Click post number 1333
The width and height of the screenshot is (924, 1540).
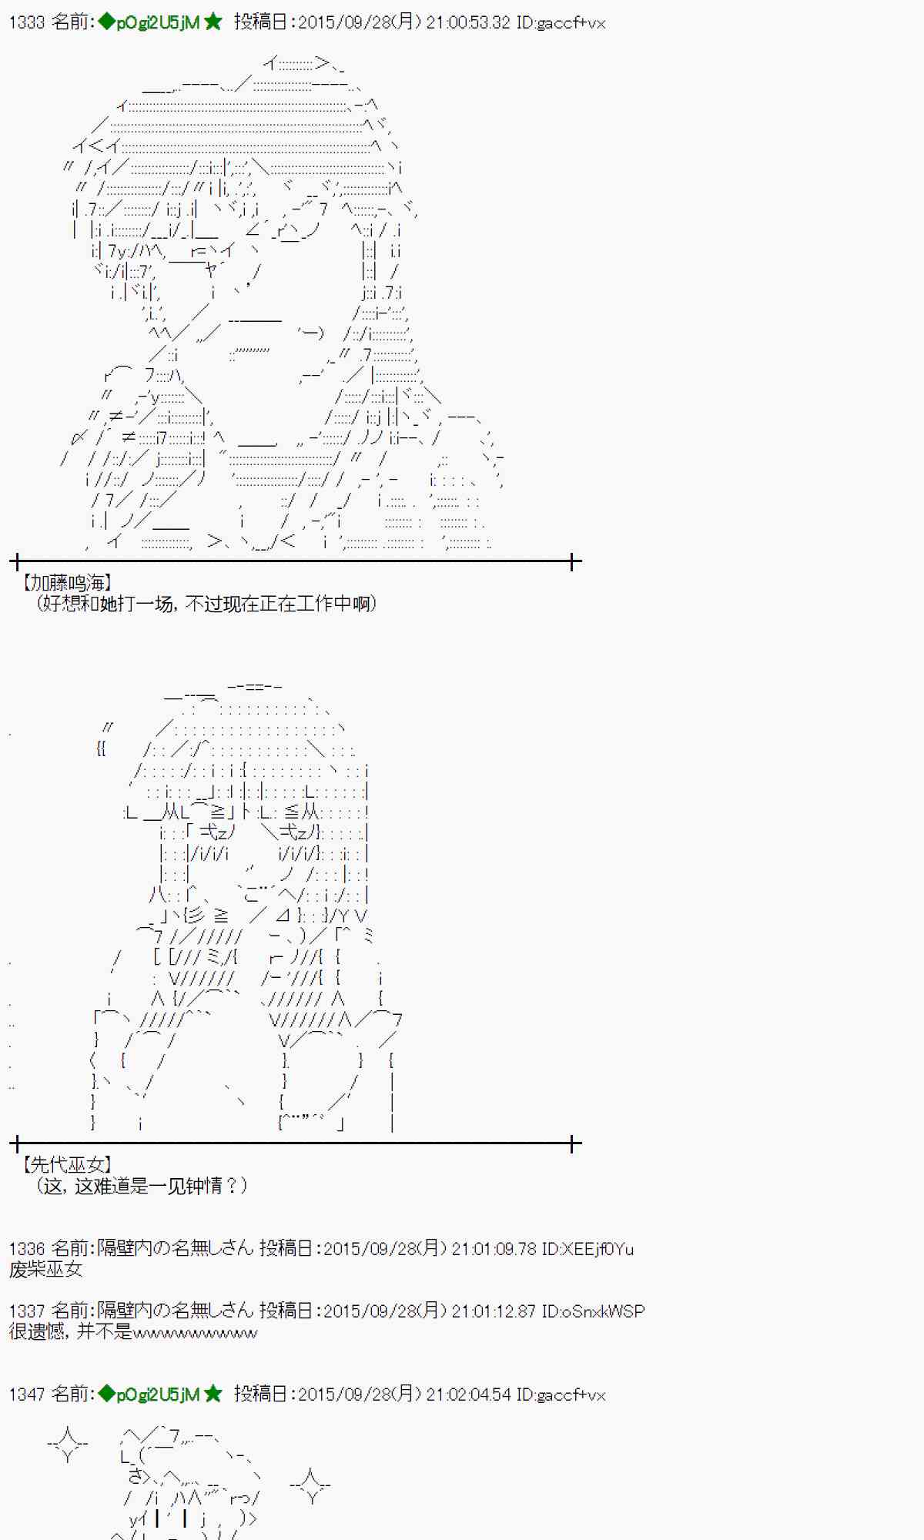pos(26,22)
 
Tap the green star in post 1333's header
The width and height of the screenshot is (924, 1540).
pos(213,22)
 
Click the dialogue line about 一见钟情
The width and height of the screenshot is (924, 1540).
pos(142,1186)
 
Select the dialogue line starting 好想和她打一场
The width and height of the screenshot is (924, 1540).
pos(206,604)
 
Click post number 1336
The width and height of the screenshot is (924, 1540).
pos(26,1248)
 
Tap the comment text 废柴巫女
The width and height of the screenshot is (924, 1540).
pos(45,1269)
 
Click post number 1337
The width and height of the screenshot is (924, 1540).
pos(26,1311)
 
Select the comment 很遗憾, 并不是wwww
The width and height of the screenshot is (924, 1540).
pos(133,1331)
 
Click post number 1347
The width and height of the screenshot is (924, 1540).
pos(26,1394)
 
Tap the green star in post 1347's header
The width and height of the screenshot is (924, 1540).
pos(213,1394)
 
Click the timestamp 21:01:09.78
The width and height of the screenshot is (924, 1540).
pos(493,1248)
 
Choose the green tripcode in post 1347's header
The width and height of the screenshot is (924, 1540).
pos(157,1394)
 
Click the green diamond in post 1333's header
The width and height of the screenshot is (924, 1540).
pos(106,22)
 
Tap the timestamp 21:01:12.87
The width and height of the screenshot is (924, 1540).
pos(493,1311)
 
